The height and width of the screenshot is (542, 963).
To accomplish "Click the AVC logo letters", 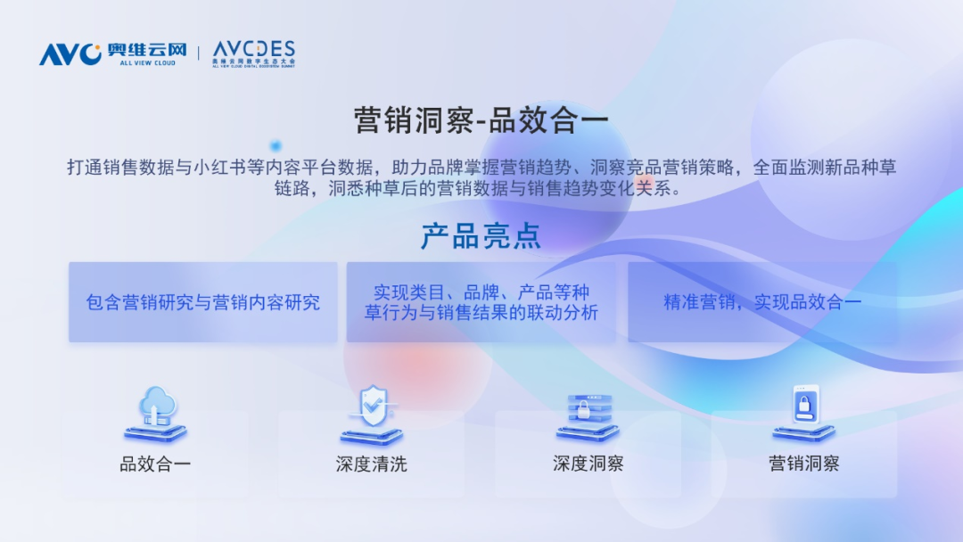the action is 70,54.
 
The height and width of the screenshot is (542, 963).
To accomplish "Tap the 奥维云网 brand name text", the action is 147,50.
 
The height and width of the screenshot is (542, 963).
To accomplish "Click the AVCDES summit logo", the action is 253,54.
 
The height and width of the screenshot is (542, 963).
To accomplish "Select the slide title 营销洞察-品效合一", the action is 481,119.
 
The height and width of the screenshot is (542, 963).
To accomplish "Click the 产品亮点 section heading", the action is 481,235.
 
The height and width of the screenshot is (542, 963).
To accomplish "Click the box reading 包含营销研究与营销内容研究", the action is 203,302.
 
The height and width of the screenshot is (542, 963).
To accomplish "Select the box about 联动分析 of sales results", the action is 481,302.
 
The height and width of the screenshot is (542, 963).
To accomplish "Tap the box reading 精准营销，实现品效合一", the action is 762,302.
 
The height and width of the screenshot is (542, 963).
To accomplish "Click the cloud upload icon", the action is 155,414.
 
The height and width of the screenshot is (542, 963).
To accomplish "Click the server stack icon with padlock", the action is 588,417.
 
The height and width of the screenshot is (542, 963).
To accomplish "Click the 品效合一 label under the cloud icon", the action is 155,464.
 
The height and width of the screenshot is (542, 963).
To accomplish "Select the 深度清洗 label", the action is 372,464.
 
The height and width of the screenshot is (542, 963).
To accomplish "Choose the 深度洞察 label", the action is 588,464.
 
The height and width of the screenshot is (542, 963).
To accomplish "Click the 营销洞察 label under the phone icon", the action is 804,464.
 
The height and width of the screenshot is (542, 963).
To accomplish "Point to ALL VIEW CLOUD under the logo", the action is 147,62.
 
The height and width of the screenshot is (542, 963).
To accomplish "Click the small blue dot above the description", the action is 276,145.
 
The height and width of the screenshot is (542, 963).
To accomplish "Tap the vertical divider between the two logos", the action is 198,53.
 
